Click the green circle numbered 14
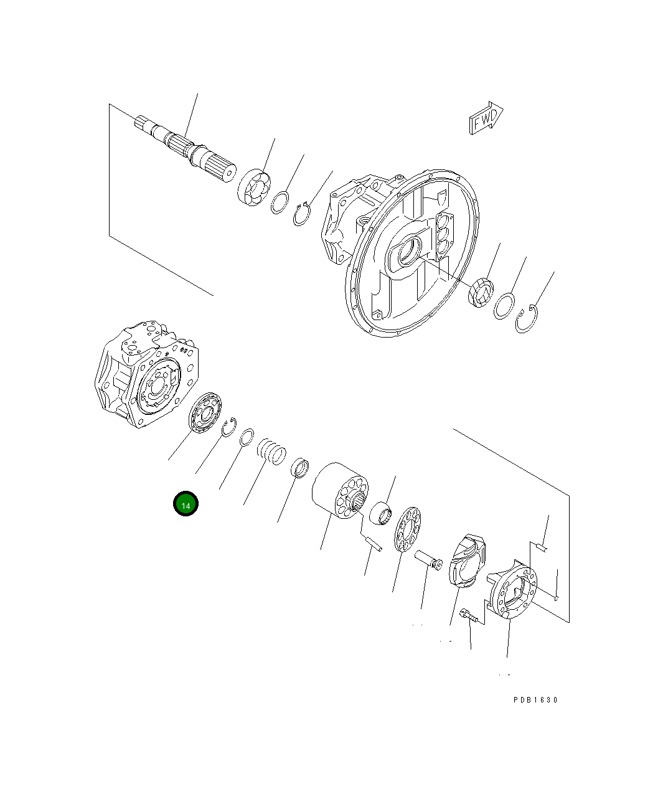click(186, 505)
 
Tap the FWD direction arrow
click(485, 118)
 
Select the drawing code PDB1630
click(535, 699)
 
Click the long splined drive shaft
click(187, 150)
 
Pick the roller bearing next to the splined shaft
click(253, 185)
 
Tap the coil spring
click(272, 451)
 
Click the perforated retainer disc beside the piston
click(408, 529)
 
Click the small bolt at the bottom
click(469, 617)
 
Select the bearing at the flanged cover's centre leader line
click(481, 293)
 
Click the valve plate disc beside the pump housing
click(204, 413)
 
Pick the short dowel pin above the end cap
click(542, 547)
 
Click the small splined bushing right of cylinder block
click(382, 514)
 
